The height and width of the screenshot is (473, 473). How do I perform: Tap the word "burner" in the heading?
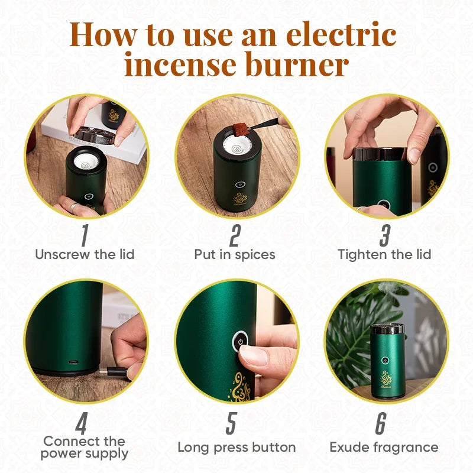[x=297, y=64]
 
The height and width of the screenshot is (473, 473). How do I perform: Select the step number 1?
[x=85, y=235]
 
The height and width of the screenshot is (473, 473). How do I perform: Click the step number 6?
[x=381, y=423]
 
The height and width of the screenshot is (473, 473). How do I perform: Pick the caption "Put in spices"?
[x=235, y=254]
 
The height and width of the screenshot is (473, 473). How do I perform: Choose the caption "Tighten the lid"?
[x=384, y=254]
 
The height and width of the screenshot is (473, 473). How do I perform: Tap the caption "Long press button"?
[x=237, y=448]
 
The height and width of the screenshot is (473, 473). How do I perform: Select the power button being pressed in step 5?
[x=241, y=342]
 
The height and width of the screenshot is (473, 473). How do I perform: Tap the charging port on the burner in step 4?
[x=73, y=362]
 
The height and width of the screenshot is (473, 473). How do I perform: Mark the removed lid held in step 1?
[x=94, y=136]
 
